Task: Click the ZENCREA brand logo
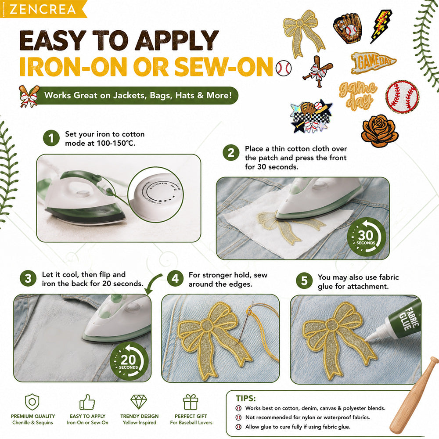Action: [43, 9]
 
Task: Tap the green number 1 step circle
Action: [51, 138]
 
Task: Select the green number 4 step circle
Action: [175, 279]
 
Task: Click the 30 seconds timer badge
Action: [366, 237]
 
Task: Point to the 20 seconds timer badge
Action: [129, 361]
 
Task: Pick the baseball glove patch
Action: [347, 29]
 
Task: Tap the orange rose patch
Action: [380, 131]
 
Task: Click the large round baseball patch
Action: [402, 97]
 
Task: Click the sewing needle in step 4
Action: [246, 322]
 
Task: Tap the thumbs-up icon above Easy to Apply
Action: [87, 402]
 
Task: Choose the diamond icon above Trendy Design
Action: [139, 402]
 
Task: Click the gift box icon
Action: [191, 402]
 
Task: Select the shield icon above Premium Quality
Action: [32, 402]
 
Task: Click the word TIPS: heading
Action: [245, 398]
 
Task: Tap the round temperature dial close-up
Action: [156, 194]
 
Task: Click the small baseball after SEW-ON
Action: [284, 68]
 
